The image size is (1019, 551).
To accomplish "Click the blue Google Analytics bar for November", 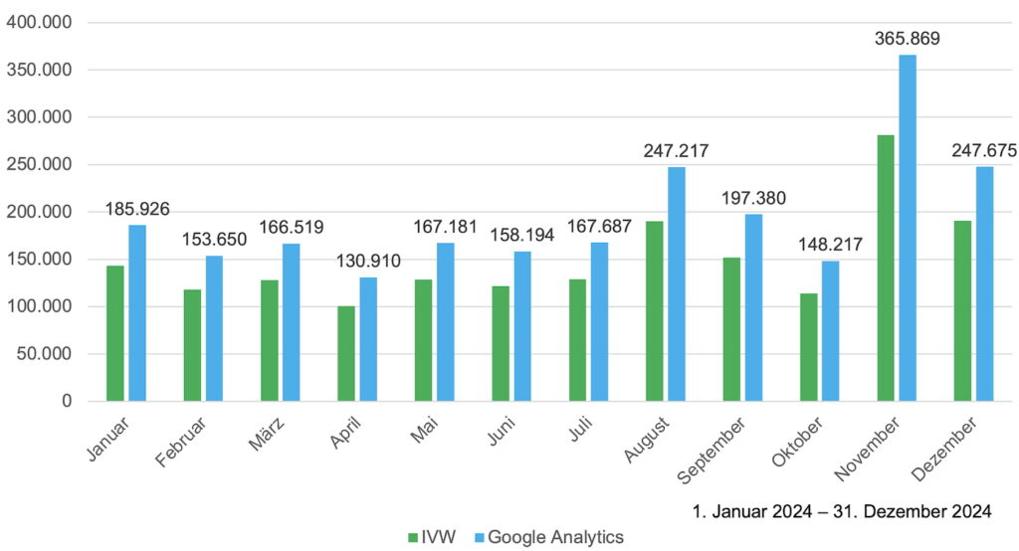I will pos(908,228).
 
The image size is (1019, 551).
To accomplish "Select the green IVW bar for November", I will pos(885,269).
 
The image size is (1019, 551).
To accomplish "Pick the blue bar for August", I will pos(677,283).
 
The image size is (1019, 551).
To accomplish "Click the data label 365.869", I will pos(907,40).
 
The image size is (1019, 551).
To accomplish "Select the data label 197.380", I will pos(752,198).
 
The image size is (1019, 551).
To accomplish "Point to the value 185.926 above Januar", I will pos(137,210).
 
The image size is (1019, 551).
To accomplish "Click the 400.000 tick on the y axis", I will pos(39,22).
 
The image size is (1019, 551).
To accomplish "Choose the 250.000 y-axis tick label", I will pos(39,164).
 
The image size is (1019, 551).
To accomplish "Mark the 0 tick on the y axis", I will pos(66,401).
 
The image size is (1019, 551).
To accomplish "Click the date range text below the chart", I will pos(842,512).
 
